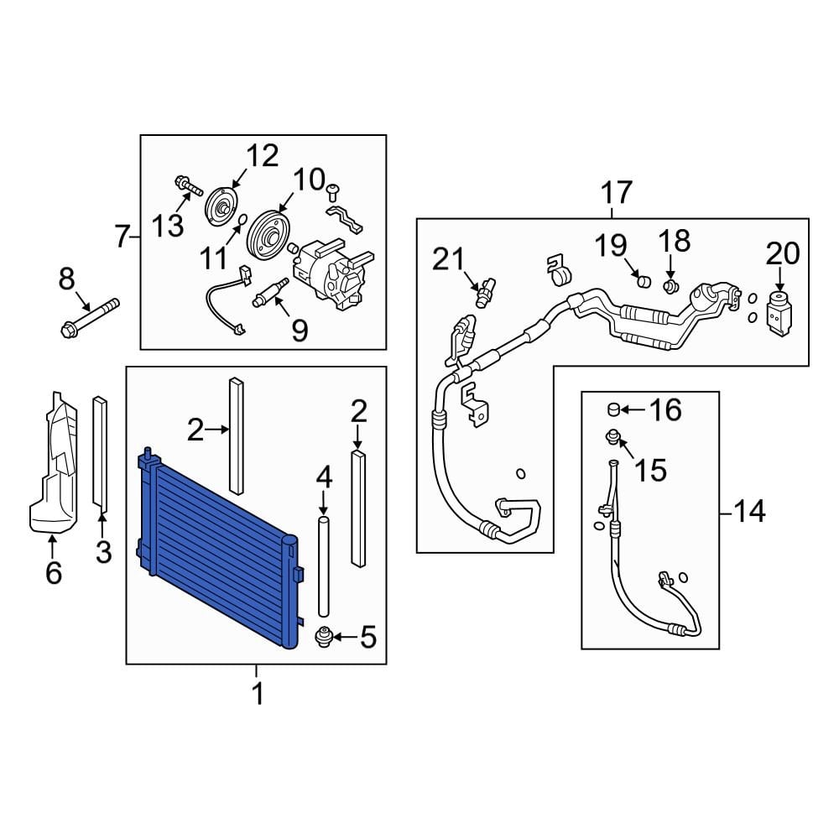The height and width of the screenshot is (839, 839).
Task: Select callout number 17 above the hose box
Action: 617,193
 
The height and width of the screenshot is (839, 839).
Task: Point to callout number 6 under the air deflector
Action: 52,574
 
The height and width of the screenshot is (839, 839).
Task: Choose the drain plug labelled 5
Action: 321,638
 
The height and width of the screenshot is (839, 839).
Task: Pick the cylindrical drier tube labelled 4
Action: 324,567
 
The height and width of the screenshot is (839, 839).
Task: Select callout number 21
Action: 448,260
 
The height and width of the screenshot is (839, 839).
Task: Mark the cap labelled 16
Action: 614,409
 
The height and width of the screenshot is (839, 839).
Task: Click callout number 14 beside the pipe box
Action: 749,510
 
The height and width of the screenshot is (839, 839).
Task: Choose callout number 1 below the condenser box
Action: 258,694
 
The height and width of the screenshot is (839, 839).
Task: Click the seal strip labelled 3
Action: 101,453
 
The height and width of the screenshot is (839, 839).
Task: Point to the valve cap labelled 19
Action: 644,279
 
